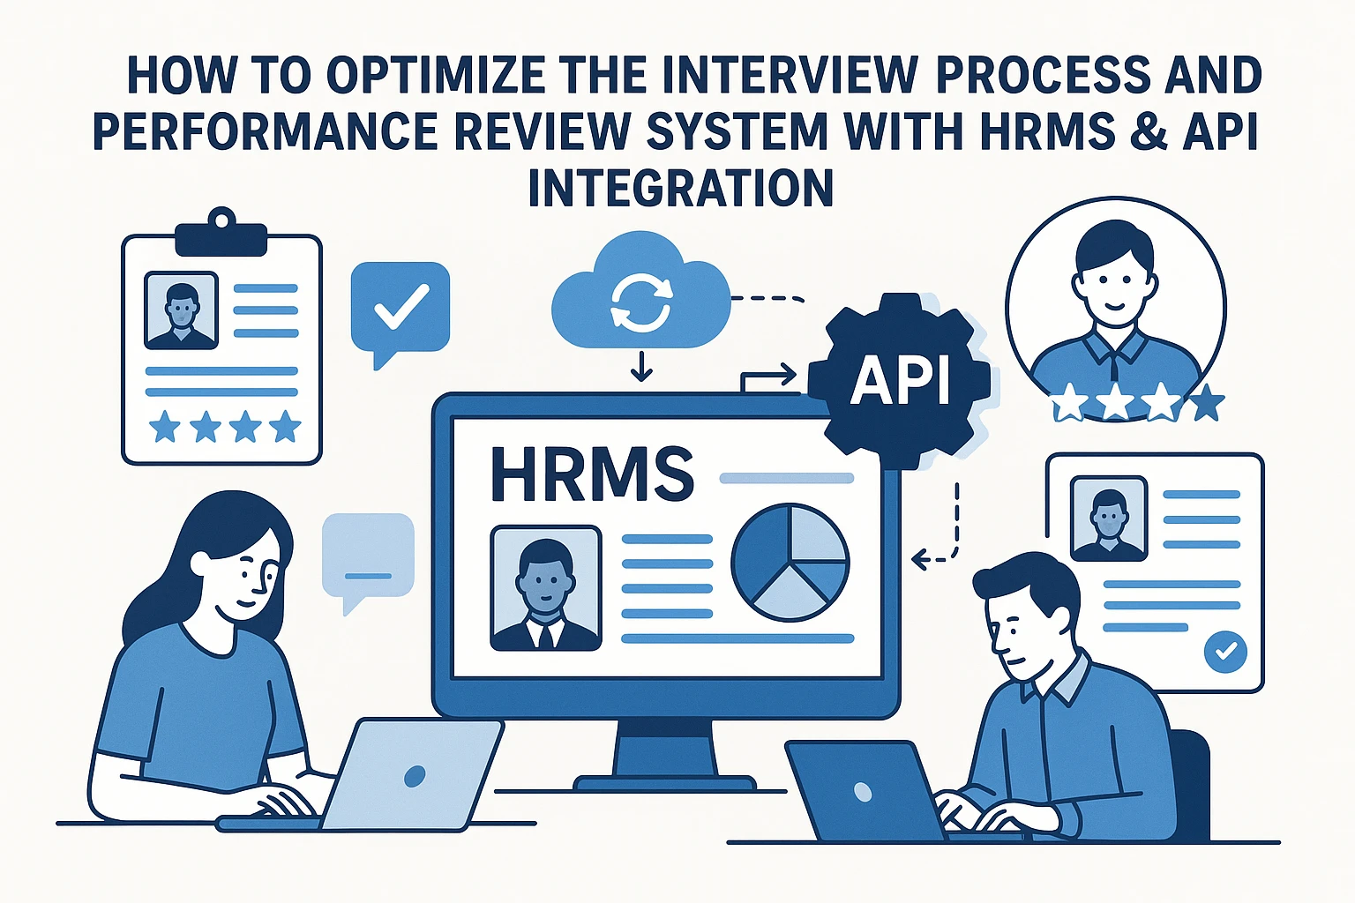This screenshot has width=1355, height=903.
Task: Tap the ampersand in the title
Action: click(1150, 131)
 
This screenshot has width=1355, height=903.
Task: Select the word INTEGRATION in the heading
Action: click(681, 188)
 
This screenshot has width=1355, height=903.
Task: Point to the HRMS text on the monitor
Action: click(592, 474)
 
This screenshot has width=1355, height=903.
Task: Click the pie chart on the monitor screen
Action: click(790, 563)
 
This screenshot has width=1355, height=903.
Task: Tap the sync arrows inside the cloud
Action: click(642, 302)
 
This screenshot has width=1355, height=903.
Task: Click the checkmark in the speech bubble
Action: click(401, 307)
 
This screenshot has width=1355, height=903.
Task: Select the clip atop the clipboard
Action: click(221, 233)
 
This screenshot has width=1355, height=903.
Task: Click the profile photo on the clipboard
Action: click(181, 310)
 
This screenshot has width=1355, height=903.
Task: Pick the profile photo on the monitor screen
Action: click(546, 588)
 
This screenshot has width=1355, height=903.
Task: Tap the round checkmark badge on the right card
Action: click(1225, 652)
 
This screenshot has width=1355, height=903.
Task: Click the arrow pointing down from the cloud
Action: click(641, 366)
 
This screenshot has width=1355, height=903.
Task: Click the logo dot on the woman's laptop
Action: click(415, 776)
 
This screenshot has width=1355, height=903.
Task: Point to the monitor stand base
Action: click(665, 784)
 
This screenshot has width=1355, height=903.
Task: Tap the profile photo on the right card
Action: click(1109, 519)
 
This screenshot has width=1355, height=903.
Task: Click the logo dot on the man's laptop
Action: click(863, 791)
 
